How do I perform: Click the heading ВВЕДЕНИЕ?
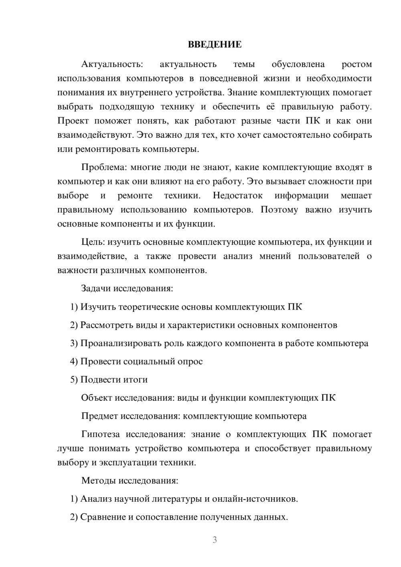point(215,45)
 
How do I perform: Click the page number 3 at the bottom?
point(215,540)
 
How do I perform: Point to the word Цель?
point(93,242)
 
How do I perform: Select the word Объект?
point(97,398)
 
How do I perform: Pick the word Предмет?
point(99,416)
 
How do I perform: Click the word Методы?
point(97,480)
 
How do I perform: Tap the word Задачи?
point(96,288)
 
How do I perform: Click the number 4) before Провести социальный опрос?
point(74,361)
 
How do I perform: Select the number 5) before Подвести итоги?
point(74,379)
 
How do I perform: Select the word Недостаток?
point(237,196)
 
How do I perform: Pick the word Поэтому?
point(279,210)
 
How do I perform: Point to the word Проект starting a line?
point(73,121)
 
